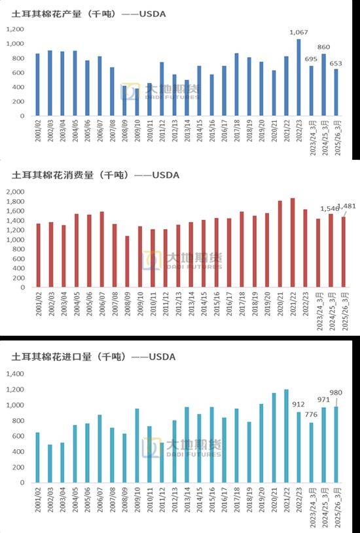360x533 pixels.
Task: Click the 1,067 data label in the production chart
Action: (298, 32)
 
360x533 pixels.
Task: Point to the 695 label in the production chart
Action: (311, 60)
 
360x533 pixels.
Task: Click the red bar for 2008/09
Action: (127, 261)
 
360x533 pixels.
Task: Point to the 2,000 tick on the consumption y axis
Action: (14, 192)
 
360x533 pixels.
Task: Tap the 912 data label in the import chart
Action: (298, 404)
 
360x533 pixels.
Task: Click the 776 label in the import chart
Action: (311, 414)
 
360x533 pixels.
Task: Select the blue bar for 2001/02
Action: (37, 84)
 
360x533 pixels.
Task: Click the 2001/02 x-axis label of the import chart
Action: (38, 498)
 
